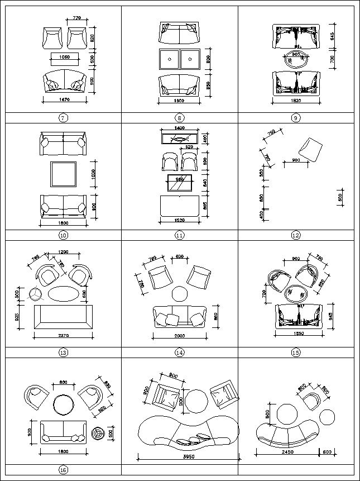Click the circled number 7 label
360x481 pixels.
[x=63, y=118]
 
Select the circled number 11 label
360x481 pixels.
[x=180, y=235]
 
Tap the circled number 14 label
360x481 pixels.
[x=180, y=353]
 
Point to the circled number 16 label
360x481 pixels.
[x=63, y=470]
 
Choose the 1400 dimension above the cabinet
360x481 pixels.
[x=179, y=128]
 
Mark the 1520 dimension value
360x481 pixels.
[x=179, y=220]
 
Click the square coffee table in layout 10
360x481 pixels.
[x=63, y=174]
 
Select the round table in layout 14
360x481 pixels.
[x=180, y=294]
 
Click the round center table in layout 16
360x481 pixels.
[x=63, y=404]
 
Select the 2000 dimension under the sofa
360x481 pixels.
[x=179, y=336]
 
